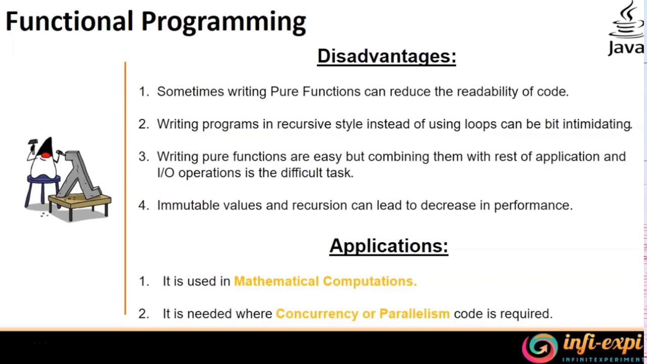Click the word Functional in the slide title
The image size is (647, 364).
coord(69,21)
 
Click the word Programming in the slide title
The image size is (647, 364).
coord(223,23)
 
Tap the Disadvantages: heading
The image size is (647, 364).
coord(387,56)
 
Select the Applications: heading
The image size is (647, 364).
coord(389,246)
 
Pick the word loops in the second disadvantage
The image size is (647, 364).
coord(480,124)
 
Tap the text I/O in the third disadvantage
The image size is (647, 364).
coord(165,173)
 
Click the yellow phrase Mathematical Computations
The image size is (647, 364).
coord(325,281)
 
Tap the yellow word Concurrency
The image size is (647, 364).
coord(317,313)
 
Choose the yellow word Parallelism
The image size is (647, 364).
coord(414,313)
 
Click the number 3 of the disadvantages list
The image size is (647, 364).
coord(144,157)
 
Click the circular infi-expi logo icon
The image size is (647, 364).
coord(539,348)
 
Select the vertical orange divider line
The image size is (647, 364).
coord(125,187)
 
